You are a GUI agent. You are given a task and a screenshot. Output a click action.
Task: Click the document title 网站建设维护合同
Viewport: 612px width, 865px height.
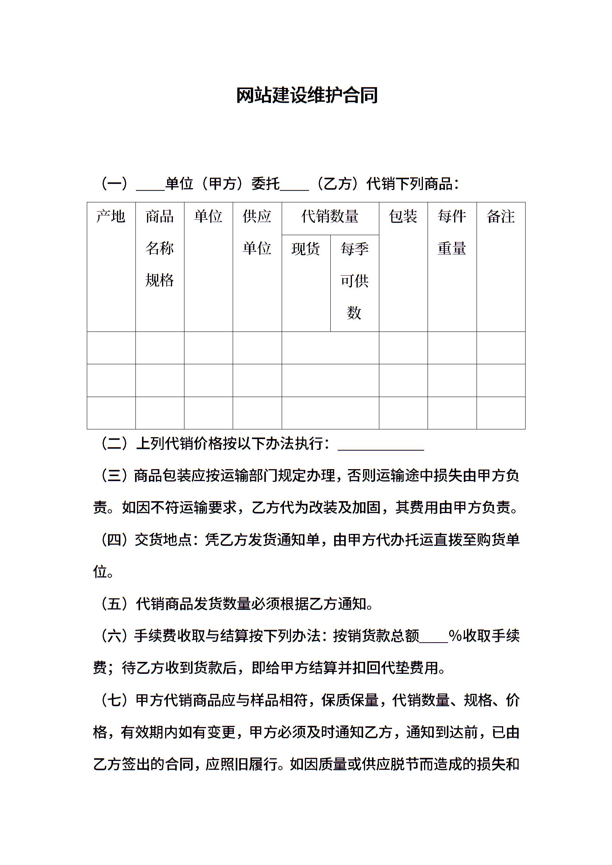click(307, 96)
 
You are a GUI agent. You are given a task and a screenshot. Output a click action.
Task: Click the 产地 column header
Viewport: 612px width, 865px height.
click(111, 216)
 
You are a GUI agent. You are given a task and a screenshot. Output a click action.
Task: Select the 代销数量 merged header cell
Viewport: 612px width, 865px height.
click(330, 216)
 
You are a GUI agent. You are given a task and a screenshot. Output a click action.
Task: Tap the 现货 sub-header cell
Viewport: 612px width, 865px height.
click(306, 249)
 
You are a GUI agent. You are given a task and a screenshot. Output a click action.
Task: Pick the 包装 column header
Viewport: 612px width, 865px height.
click(403, 216)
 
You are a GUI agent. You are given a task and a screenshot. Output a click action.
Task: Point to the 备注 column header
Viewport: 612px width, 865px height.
click(500, 216)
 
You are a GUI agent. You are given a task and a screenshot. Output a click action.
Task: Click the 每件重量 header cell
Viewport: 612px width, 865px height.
click(452, 232)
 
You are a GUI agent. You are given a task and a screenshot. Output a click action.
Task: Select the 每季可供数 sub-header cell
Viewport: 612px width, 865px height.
click(354, 281)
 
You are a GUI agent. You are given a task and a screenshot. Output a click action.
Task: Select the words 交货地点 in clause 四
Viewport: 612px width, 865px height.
click(163, 540)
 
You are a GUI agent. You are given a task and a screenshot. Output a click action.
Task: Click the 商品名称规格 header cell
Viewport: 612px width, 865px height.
click(159, 249)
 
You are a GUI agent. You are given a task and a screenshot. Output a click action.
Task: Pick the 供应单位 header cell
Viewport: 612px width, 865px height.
click(257, 232)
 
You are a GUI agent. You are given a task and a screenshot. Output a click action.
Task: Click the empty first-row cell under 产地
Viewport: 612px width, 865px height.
click(111, 348)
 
